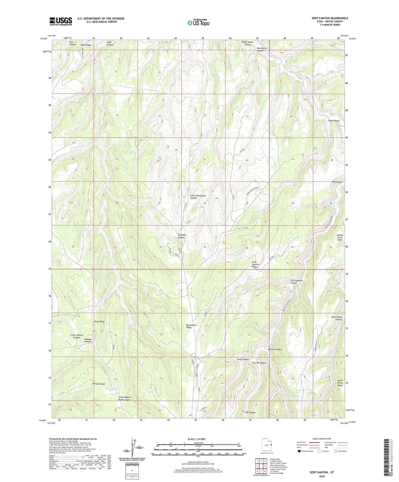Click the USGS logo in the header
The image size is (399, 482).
click(61, 21)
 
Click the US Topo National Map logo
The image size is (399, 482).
click(198, 23)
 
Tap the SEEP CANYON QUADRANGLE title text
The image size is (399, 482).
click(330, 18)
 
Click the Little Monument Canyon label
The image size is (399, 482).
click(198, 197)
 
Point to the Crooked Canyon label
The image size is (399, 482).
click(182, 236)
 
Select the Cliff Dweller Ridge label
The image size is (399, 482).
click(256, 265)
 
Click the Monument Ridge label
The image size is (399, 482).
click(191, 326)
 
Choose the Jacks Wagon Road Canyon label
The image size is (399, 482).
click(124, 398)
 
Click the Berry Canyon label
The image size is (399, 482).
click(99, 384)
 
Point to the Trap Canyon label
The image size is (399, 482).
click(334, 121)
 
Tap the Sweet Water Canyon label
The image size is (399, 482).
click(247, 43)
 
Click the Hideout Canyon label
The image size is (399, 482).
click(88, 340)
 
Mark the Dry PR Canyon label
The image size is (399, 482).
click(259, 363)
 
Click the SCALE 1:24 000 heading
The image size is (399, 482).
click(198, 439)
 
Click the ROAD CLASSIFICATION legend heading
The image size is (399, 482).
click(322, 439)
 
